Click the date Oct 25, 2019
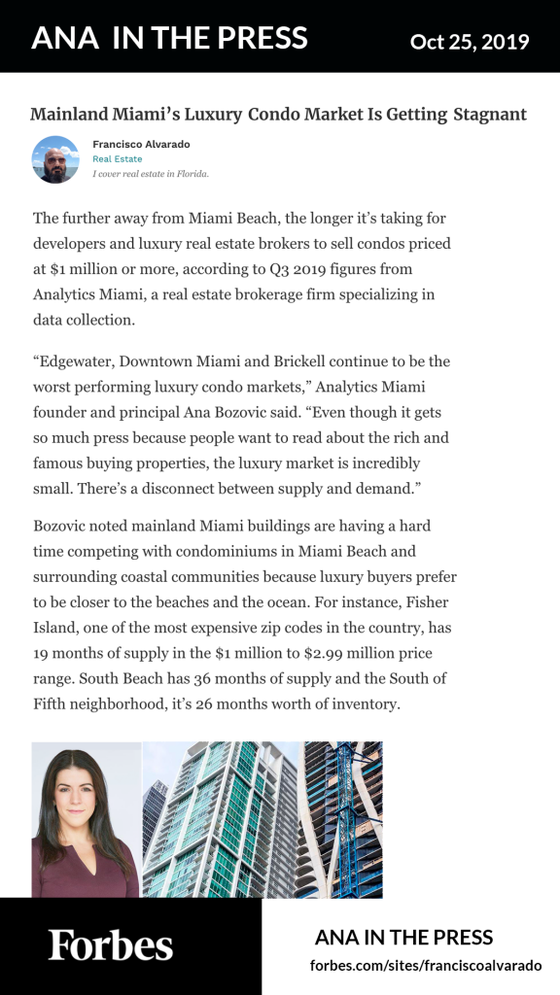470,41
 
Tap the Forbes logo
111,944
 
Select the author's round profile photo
55,159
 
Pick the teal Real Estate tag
117,159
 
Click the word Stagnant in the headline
489,115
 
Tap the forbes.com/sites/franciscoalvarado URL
426,966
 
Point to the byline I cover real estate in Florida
151,175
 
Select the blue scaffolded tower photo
341,819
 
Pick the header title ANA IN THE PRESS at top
169,39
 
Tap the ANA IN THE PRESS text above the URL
404,938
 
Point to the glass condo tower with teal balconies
220,819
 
